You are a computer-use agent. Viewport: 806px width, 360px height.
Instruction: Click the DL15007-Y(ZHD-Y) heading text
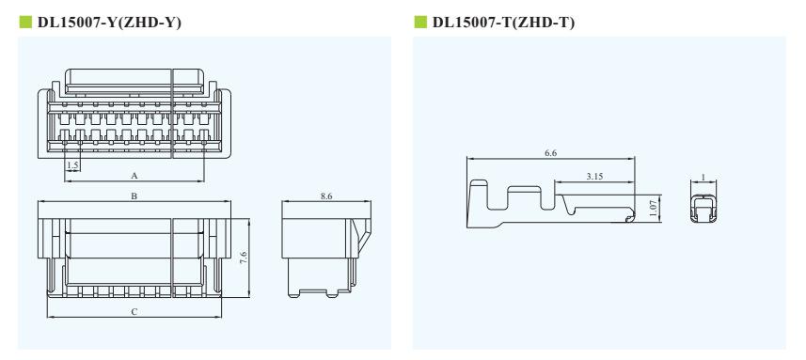click(x=109, y=23)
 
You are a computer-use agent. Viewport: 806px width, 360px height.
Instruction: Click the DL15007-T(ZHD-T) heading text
click(x=504, y=23)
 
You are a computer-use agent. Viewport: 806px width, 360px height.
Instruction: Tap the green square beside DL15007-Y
click(x=25, y=22)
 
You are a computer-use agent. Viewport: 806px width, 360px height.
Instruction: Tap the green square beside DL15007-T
click(x=420, y=22)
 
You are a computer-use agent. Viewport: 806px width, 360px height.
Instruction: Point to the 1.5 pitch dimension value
click(x=72, y=164)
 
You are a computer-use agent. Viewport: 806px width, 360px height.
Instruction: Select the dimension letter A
click(x=134, y=176)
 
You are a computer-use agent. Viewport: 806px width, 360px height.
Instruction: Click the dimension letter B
click(x=134, y=196)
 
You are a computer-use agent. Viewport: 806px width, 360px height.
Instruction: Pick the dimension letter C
click(x=134, y=312)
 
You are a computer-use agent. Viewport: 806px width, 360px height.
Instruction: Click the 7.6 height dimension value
click(x=245, y=258)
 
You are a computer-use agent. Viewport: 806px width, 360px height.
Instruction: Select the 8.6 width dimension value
click(x=326, y=196)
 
